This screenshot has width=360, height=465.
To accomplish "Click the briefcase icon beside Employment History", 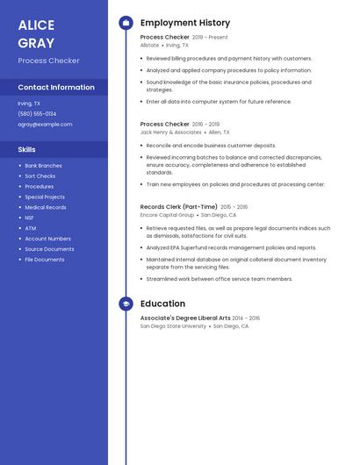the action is (126, 23).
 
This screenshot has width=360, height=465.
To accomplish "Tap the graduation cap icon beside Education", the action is (126, 304).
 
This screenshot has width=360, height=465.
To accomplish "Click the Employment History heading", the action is (184, 23).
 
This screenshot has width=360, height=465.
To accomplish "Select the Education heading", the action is (162, 304).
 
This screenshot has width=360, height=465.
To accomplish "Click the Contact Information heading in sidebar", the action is (56, 87).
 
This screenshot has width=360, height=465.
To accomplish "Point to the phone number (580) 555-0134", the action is (37, 113).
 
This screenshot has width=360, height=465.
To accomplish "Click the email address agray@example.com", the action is (45, 124).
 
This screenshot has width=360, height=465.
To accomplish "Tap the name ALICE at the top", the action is (36, 25).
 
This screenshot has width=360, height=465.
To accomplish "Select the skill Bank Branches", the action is (43, 165).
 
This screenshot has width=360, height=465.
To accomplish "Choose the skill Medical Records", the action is (45, 207).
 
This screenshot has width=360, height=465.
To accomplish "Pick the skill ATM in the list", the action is (30, 228).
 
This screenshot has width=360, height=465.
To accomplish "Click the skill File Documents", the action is (44, 260).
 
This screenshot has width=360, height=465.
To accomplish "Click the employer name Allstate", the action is (149, 45).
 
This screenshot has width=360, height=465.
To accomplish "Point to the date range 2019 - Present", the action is (210, 38).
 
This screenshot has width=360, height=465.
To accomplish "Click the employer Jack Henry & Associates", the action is (170, 132).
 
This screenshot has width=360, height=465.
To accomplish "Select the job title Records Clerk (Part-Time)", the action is (178, 207).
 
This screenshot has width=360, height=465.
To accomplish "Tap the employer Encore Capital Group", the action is (167, 214).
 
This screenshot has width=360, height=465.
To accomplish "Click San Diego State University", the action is (173, 325).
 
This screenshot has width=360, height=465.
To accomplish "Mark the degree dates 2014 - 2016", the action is (246, 318).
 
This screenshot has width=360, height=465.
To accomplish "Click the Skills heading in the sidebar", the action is (26, 149).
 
